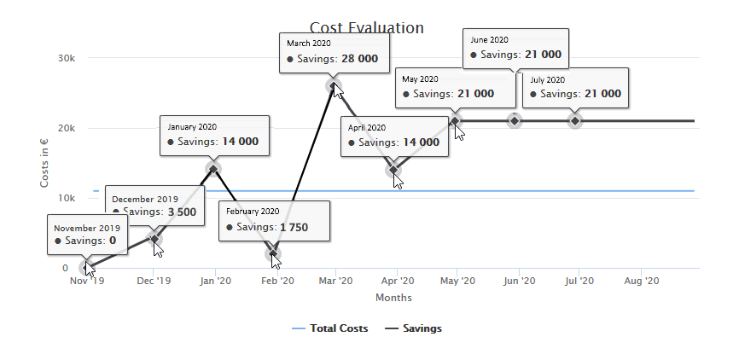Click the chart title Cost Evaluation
pos(366,28)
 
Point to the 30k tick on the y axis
pos(68,58)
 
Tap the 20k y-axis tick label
pos(68,128)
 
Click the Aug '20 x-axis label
pos(640,281)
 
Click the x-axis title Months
pos(393,298)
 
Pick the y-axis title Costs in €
pos(44,162)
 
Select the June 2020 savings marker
pos(514,120)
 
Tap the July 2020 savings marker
pos(575,120)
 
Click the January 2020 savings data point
pos(213,167)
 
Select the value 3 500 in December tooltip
pos(181,212)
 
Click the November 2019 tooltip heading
pos(86,229)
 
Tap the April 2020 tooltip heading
pos(367,128)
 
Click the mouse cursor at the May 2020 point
pos(459,132)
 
